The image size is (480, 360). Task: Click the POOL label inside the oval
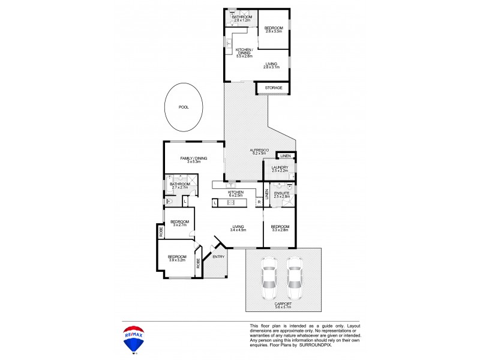tap(184, 107)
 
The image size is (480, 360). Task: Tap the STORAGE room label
tap(274, 88)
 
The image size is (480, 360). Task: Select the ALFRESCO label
tap(259, 151)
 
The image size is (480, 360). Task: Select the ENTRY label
tap(218, 257)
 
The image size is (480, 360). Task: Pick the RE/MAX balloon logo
tap(133, 337)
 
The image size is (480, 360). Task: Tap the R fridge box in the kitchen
tap(259, 203)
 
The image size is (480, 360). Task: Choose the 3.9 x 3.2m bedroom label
tap(177, 257)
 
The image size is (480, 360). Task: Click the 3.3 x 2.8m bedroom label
tap(281, 228)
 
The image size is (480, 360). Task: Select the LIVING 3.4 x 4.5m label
tap(239, 228)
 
